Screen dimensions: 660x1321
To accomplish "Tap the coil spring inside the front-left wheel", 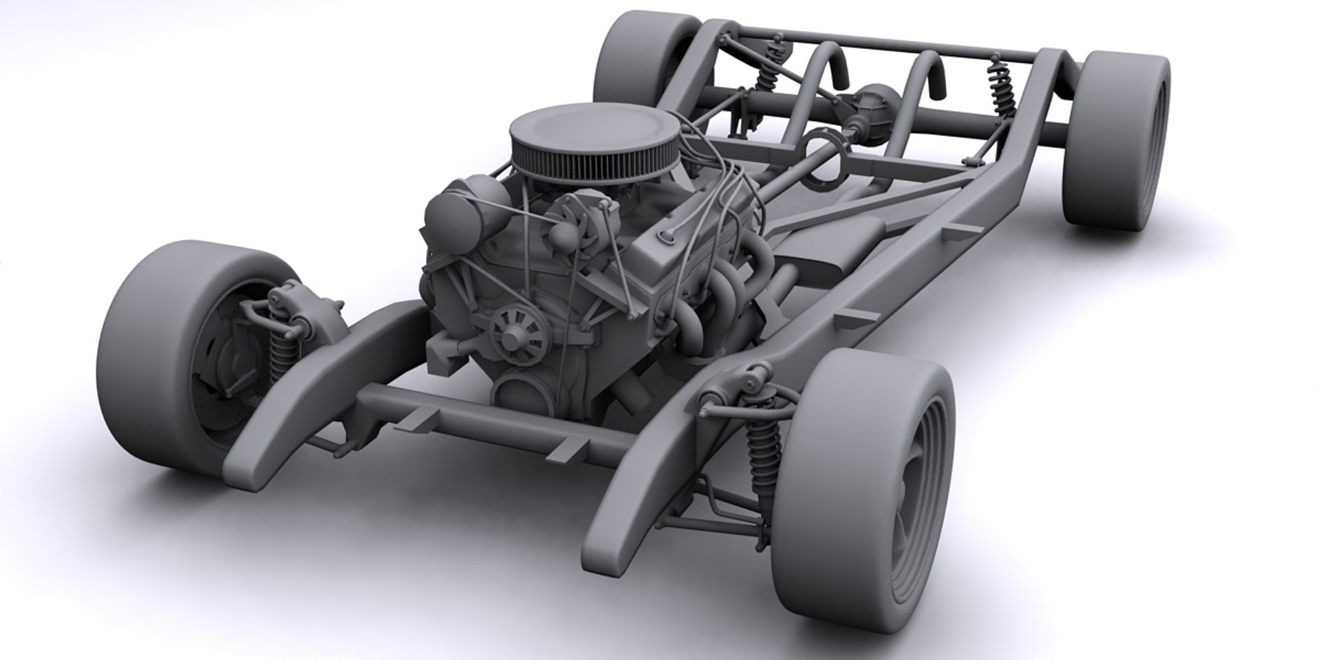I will pyautogui.click(x=279, y=351).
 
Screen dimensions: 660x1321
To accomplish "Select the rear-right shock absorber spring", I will pyautogui.click(x=1001, y=89).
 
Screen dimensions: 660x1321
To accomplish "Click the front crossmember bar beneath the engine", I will pyautogui.click(x=482, y=419).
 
